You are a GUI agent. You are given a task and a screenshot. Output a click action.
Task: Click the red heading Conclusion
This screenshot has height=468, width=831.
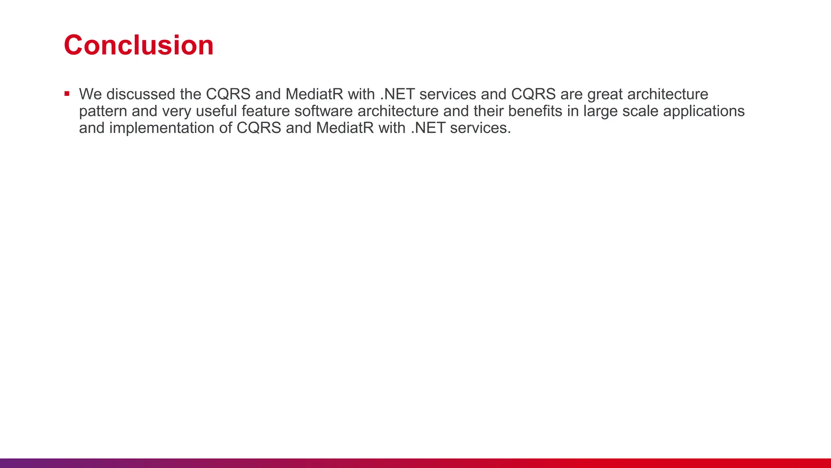[138, 45]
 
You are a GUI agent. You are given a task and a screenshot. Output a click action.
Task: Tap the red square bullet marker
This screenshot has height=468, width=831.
[67, 94]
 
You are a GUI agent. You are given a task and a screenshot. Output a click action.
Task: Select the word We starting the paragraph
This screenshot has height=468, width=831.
[90, 94]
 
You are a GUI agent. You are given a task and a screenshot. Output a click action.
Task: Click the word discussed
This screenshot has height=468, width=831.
[140, 94]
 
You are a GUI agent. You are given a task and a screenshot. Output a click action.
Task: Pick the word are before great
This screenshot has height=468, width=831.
[571, 95]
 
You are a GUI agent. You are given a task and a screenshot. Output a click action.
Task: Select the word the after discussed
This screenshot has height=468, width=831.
[190, 94]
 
